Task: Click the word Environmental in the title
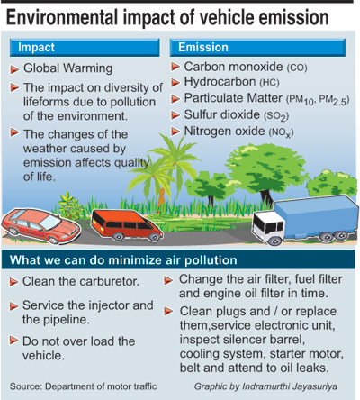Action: pyautogui.click(x=62, y=17)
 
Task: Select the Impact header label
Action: pyautogui.click(x=36, y=48)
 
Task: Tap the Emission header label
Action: pyautogui.click(x=203, y=47)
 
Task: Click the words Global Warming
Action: pyautogui.click(x=68, y=68)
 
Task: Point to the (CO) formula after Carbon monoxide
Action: pyautogui.click(x=297, y=68)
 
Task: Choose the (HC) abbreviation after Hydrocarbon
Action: pyautogui.click(x=269, y=83)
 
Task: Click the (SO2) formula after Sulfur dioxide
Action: pyautogui.click(x=276, y=116)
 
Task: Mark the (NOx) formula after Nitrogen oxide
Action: pyautogui.click(x=281, y=132)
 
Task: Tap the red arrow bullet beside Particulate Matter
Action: pyautogui.click(x=175, y=99)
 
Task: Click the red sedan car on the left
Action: pyautogui.click(x=40, y=226)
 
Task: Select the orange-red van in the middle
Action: pyautogui.click(x=126, y=225)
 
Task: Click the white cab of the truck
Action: pyautogui.click(x=268, y=227)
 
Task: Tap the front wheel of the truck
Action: pyautogui.click(x=274, y=241)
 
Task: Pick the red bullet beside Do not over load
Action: pyautogui.click(x=13, y=341)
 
